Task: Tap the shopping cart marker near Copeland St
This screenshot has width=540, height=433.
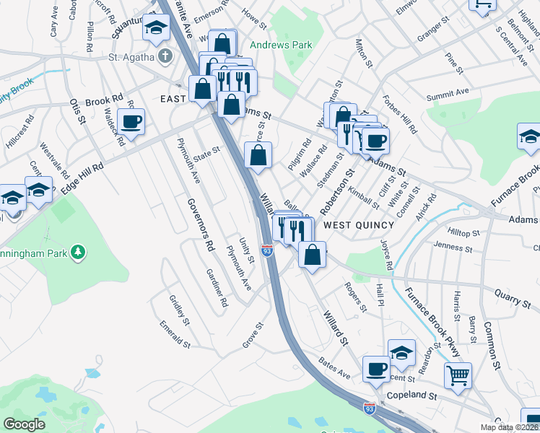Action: click(x=457, y=375)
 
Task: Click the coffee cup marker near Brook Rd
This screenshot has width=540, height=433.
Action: click(x=131, y=121)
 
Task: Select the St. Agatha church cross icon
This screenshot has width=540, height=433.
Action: click(x=165, y=56)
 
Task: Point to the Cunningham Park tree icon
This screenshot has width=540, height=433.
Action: click(x=75, y=252)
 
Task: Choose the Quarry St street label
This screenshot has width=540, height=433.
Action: click(x=511, y=294)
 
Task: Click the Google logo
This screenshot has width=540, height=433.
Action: click(x=24, y=424)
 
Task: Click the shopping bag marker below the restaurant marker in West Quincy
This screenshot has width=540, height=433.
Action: click(x=311, y=255)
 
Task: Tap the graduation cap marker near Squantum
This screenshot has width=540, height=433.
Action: click(x=155, y=27)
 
